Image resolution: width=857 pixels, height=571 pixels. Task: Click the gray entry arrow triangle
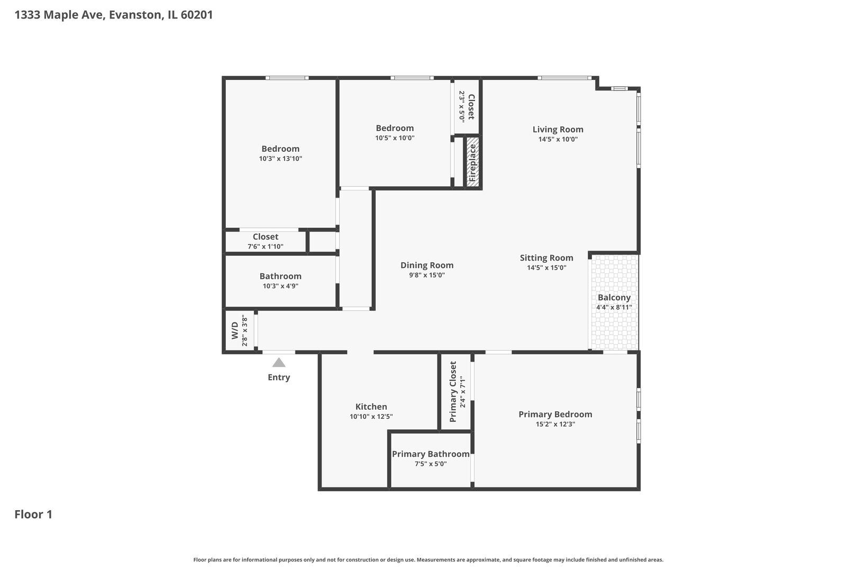[x=279, y=363]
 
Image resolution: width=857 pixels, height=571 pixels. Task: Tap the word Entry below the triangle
[x=279, y=377]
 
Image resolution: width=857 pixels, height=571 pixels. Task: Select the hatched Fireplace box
[x=472, y=162]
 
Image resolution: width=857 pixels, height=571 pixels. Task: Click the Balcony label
[x=614, y=298]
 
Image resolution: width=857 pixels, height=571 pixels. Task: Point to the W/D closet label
[x=235, y=331]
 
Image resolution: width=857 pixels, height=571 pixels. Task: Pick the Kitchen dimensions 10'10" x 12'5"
[x=371, y=417]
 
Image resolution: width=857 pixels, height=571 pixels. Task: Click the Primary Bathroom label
[x=430, y=454]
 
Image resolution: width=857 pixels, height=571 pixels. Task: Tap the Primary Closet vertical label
[x=453, y=391]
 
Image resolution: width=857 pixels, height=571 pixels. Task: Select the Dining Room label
[x=426, y=265]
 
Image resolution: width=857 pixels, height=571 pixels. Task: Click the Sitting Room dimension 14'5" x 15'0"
[x=546, y=268]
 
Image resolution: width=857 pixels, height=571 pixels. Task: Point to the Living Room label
[x=558, y=130]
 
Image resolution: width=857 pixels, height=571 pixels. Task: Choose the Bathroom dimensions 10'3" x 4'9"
[x=280, y=286]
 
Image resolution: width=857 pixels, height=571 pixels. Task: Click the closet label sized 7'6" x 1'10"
[x=265, y=237]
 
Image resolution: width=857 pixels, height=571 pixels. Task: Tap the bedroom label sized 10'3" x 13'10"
[x=280, y=149]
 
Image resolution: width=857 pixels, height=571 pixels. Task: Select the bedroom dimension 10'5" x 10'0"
[x=395, y=138]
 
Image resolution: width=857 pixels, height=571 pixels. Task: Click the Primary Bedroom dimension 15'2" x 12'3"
[x=555, y=424]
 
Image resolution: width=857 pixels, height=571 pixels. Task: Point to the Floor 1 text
[x=33, y=514]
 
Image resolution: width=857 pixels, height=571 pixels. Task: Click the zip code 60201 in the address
[x=197, y=15]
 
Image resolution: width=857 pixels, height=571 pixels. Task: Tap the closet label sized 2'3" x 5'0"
[x=471, y=107]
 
